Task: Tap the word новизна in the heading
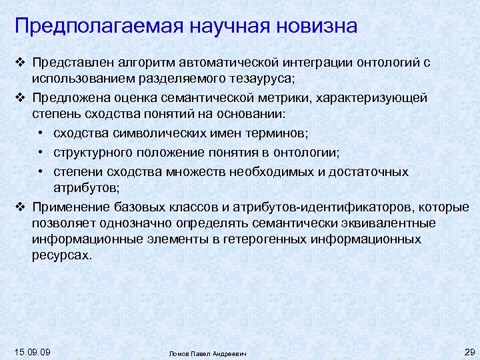313,26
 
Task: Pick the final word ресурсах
61,255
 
